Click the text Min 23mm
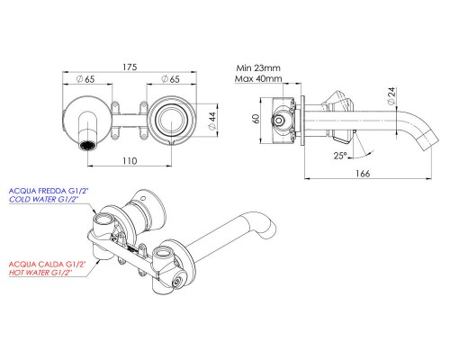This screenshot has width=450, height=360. pyautogui.click(x=259, y=67)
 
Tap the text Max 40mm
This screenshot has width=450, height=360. pyautogui.click(x=259, y=79)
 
